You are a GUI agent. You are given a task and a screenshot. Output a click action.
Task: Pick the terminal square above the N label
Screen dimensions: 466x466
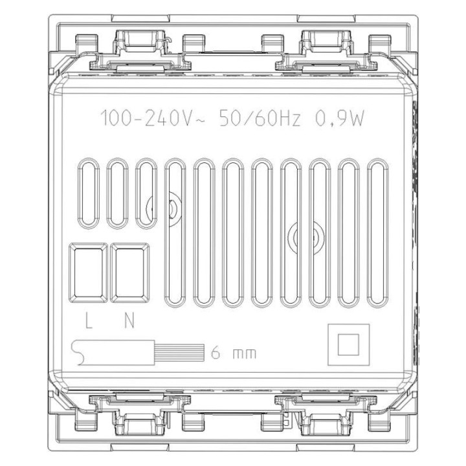click(130, 272)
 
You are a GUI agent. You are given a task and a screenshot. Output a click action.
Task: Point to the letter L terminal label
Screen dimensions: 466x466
click(89, 320)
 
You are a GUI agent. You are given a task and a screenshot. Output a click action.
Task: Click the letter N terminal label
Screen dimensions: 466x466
click(129, 320)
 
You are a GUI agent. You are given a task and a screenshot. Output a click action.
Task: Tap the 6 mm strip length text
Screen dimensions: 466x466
click(234, 353)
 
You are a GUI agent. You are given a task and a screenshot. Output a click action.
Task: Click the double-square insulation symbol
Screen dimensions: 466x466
click(349, 344)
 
